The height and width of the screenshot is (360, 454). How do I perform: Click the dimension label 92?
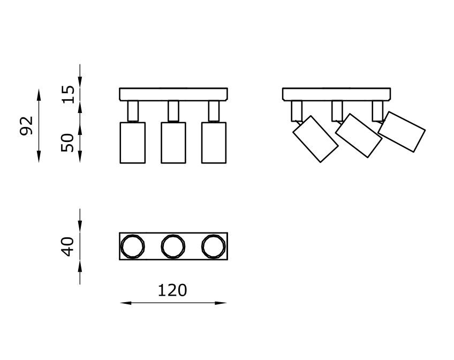(x=26, y=126)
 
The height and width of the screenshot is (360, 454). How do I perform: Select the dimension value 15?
(x=68, y=94)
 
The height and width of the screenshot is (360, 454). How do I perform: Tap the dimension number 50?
(x=68, y=142)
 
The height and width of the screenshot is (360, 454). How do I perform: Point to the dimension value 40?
(x=68, y=246)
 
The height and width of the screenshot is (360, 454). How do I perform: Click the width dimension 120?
(x=172, y=290)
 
